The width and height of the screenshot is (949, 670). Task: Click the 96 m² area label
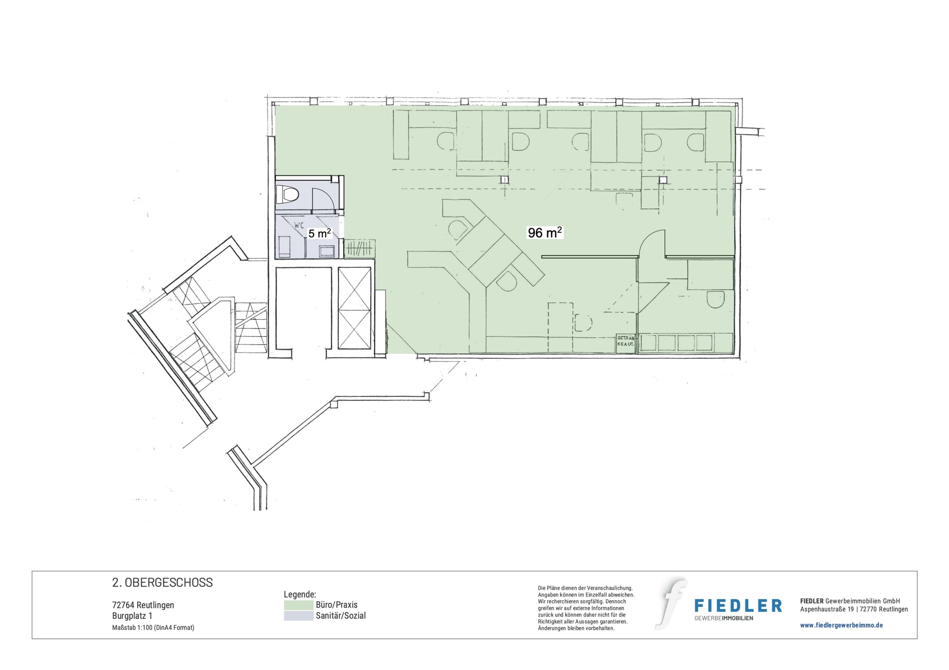tap(545, 232)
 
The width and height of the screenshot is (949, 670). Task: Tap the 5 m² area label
tap(319, 233)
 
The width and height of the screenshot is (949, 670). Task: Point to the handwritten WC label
tap(299, 226)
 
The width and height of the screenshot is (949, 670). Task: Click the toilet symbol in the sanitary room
tap(287, 194)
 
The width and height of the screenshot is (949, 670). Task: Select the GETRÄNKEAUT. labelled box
tap(625, 344)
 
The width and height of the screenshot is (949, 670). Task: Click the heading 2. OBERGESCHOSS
tap(162, 583)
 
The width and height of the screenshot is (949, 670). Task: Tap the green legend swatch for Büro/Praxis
tap(298, 605)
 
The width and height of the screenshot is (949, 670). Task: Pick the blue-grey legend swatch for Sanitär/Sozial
tap(298, 615)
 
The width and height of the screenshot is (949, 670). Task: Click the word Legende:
tap(300, 595)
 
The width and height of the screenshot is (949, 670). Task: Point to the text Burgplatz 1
tap(132, 616)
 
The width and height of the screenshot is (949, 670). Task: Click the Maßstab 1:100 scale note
tap(153, 627)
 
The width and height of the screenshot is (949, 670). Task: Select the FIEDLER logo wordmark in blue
tap(738, 606)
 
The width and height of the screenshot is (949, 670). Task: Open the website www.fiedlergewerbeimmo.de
tap(841, 625)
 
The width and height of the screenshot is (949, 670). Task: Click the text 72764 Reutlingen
tap(143, 605)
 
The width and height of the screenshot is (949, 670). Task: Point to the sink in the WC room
tap(326, 250)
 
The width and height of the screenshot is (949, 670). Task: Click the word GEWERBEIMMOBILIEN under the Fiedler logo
tap(724, 618)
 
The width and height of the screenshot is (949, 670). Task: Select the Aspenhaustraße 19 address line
tap(854, 609)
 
